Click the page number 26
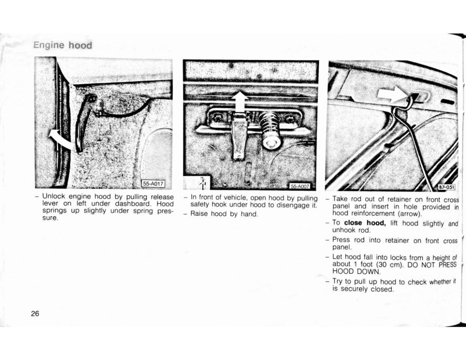click(x=35, y=314)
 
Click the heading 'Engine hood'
click(x=62, y=45)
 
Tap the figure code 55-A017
click(x=153, y=184)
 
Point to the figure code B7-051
click(x=446, y=187)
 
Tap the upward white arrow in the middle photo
click(x=239, y=102)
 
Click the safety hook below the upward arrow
click(x=238, y=137)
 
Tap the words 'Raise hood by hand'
click(x=224, y=214)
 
